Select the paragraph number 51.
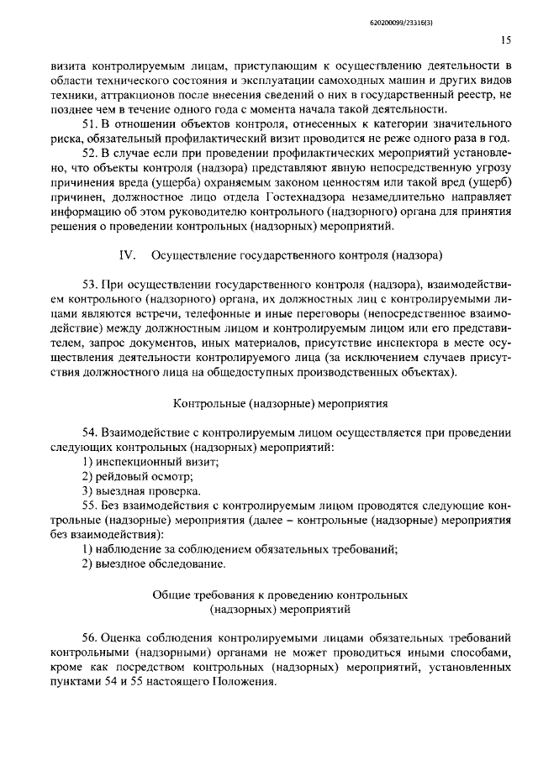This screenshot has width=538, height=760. (x=90, y=125)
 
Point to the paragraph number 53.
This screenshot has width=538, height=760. (x=90, y=290)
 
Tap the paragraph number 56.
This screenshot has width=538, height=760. (x=91, y=638)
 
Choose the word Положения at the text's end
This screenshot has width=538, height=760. (x=249, y=684)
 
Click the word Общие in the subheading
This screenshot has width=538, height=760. (x=171, y=595)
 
